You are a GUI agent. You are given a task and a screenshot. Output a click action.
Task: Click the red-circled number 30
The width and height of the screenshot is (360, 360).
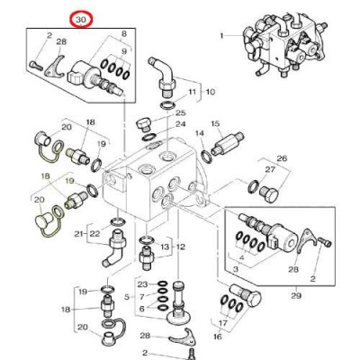pos(81,20)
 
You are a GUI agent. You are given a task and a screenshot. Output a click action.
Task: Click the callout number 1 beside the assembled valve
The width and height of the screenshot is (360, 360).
pos(221,36)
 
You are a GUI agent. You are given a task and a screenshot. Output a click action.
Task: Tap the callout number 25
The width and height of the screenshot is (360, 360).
pos(181,113)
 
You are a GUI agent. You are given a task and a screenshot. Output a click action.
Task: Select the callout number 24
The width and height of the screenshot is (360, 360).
pos(181,124)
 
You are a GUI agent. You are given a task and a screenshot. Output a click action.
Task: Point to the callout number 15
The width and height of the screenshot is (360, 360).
pos(224,123)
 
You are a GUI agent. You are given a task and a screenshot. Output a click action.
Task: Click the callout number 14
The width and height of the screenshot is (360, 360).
pos(200,133)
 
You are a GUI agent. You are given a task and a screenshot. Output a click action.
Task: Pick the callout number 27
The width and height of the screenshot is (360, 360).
pos(270,169)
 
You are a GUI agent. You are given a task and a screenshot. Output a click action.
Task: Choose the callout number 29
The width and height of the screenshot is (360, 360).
pos(296,295)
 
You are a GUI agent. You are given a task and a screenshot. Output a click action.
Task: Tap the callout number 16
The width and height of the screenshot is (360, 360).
pos(218,337)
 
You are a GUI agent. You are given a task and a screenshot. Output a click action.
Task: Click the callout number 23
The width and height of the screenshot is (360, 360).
pos(143,284)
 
